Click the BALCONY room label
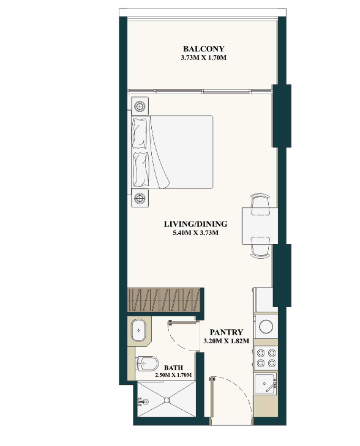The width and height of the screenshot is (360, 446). click(x=203, y=49)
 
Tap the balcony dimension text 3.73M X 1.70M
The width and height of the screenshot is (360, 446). click(x=203, y=58)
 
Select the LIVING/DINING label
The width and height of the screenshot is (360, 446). click(x=195, y=224)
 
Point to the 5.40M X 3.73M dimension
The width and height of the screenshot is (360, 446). click(x=195, y=233)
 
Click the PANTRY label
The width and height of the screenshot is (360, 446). click(x=227, y=332)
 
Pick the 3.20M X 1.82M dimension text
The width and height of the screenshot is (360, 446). click(x=227, y=341)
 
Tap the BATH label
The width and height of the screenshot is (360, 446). click(x=173, y=368)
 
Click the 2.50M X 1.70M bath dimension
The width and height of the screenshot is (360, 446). click(x=173, y=375)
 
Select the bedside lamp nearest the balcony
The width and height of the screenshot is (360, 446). click(x=140, y=106)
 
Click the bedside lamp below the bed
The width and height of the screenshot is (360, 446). click(x=140, y=198)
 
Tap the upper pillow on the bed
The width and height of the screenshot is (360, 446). click(x=141, y=133)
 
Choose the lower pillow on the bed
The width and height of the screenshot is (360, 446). click(x=141, y=169)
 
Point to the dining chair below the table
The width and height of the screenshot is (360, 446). click(x=260, y=247)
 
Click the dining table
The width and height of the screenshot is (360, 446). click(x=260, y=226)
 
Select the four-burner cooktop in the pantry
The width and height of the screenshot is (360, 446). click(x=266, y=358)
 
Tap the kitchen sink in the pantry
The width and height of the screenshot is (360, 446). click(x=265, y=384)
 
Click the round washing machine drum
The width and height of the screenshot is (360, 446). click(x=266, y=326)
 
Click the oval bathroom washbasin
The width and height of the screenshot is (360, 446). click(x=138, y=330)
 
